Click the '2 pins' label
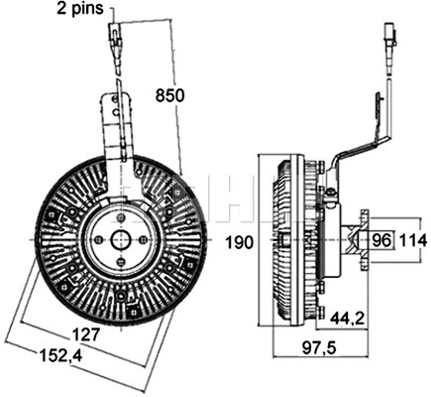80,8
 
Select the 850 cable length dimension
169,96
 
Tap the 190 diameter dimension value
240,242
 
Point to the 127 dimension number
85,334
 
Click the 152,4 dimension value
61,355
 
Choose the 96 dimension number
381,240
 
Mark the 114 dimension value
413,240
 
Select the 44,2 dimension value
347,319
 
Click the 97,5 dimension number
319,347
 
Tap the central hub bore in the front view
121,239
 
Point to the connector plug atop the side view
390,35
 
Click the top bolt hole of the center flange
121,217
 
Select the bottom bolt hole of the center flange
121,262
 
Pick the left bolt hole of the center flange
99,239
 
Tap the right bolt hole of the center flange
143,239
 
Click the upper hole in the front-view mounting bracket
114,99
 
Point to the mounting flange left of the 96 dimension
365,239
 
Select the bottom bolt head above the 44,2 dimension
321,312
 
